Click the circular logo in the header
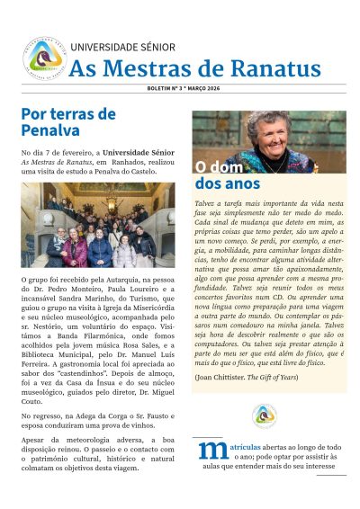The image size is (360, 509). (43, 58)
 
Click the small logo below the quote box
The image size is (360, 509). (264, 415)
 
